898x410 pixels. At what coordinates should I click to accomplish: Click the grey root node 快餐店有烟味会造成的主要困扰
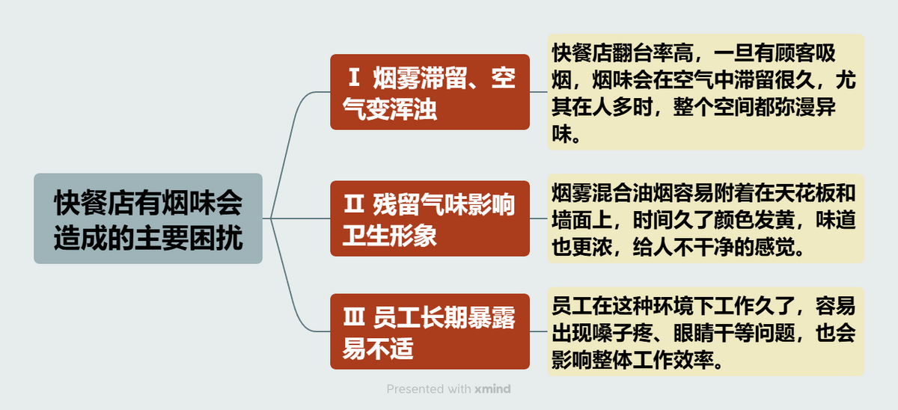148,218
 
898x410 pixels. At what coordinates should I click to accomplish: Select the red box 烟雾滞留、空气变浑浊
430,92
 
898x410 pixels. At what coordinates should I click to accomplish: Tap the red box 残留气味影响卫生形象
430,218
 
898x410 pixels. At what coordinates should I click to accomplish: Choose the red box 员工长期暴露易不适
430,331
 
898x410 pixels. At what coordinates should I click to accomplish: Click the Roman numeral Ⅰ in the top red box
353,77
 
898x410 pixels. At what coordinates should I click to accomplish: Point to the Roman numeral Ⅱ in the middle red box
353,204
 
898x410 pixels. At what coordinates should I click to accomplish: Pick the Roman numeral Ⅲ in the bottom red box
353,316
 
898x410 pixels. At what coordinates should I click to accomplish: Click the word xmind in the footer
492,389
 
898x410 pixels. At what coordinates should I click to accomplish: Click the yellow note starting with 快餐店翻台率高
706,92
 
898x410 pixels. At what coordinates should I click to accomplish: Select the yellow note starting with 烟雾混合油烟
706,218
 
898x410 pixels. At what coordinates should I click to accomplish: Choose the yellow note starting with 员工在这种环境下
706,331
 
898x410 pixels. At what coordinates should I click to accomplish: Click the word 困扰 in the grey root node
216,238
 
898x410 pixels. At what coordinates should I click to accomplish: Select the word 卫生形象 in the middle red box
390,235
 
